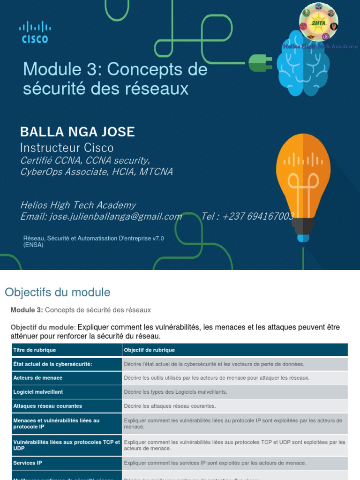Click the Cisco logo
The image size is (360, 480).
(x=35, y=32)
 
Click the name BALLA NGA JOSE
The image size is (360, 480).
(x=77, y=132)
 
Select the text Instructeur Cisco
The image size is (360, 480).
(x=67, y=148)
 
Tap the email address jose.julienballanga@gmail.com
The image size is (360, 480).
(x=101, y=216)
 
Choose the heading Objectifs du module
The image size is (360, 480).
(x=57, y=292)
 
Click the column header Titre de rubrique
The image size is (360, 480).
(x=35, y=350)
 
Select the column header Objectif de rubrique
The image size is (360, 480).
(x=149, y=350)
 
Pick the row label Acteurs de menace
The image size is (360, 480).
(x=38, y=378)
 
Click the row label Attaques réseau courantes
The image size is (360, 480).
(x=48, y=406)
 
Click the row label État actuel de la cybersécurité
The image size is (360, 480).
(x=52, y=364)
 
